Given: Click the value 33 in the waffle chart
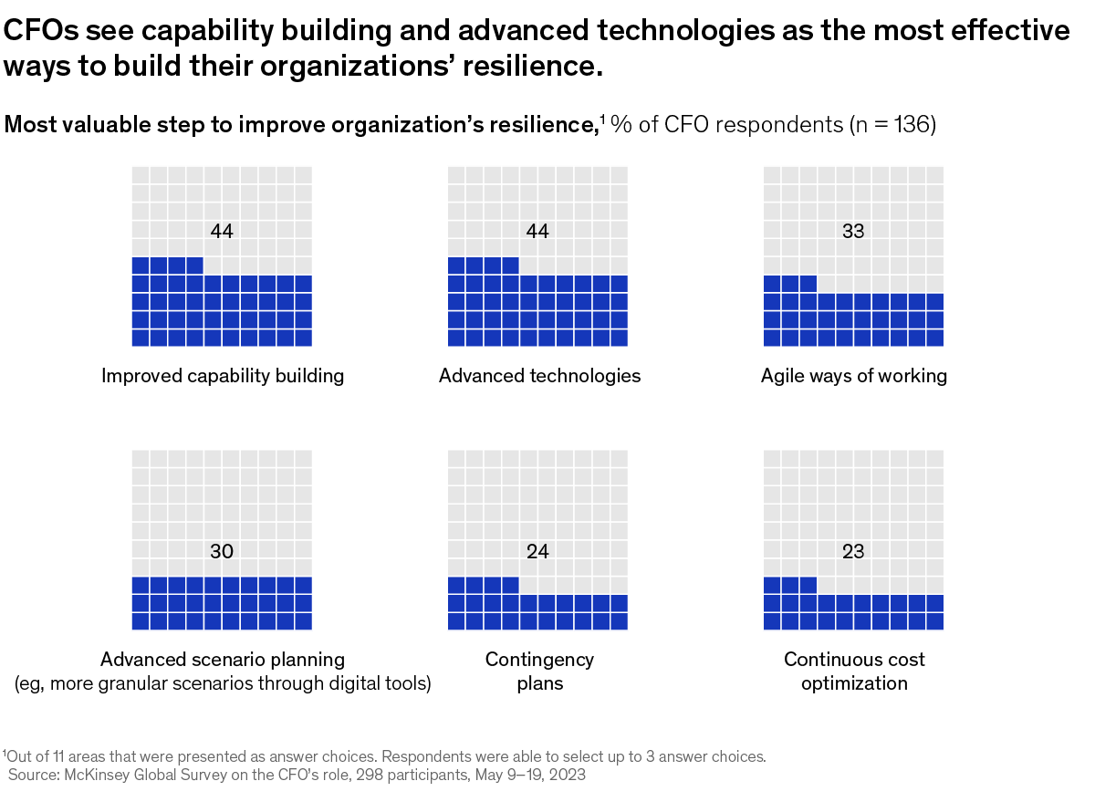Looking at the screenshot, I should (853, 232).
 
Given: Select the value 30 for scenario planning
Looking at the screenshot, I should (222, 551).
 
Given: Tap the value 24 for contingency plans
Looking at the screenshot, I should (537, 551).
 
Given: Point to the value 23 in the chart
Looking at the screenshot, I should (853, 551).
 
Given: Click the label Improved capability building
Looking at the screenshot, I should (223, 376).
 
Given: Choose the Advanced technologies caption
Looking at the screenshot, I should (539, 376).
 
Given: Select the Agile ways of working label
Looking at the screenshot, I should (854, 376).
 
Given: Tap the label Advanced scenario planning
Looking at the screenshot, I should (223, 659).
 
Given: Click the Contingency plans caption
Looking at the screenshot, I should (539, 671).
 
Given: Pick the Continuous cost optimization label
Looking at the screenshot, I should (854, 671).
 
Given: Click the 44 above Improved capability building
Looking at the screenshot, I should (222, 232).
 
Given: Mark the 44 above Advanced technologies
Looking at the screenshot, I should (537, 232).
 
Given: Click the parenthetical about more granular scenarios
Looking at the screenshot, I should (223, 683).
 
